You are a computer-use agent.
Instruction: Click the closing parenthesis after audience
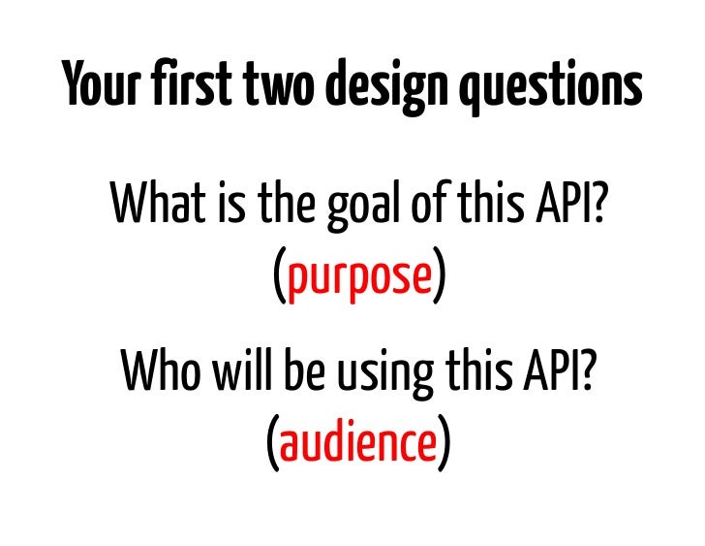pos(443,445)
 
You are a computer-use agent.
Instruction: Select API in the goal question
pos(571,204)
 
